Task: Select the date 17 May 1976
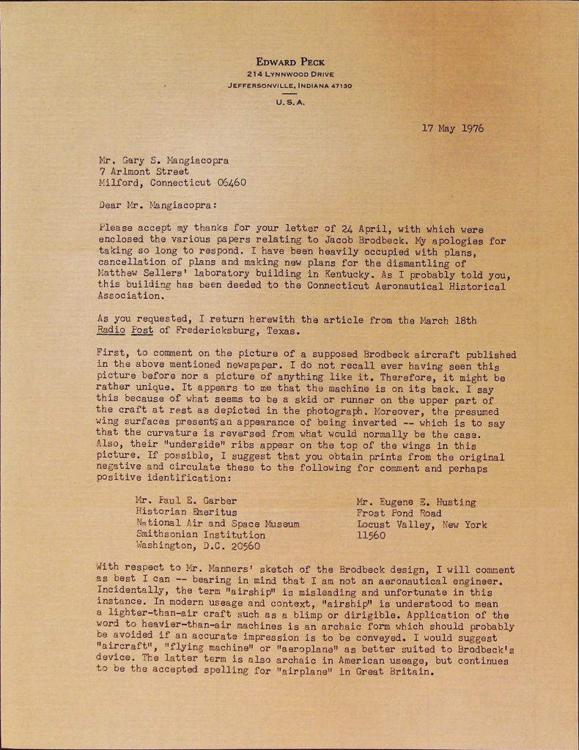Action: (x=452, y=128)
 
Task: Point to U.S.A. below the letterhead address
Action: (x=290, y=103)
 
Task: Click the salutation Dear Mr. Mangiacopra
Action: (x=157, y=206)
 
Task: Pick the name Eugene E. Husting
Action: (x=416, y=502)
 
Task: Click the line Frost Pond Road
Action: (x=399, y=513)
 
